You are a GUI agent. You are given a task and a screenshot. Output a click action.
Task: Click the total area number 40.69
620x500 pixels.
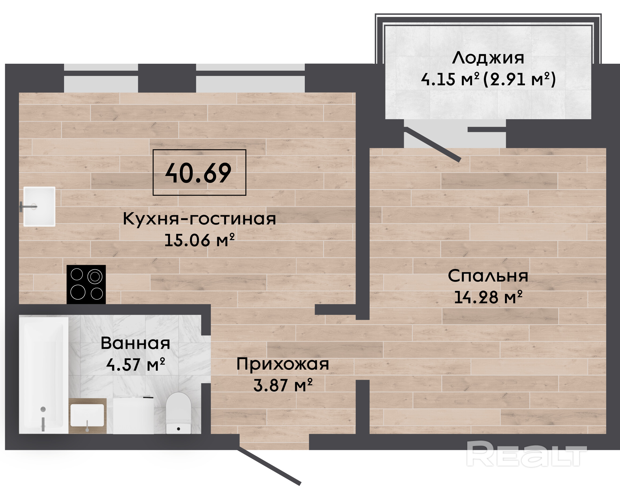[x=198, y=173]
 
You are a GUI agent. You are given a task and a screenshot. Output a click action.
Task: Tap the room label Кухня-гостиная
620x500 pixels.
[x=199, y=219]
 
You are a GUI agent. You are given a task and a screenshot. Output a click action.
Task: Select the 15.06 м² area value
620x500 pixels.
[x=199, y=240]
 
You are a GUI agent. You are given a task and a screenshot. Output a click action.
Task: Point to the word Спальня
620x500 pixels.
[x=488, y=276]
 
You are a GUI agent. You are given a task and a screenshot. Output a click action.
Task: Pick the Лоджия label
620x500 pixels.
[x=488, y=58]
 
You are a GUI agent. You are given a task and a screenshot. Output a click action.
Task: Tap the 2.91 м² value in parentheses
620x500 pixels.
[x=519, y=79]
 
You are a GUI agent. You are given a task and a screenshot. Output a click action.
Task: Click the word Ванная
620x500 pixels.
[x=135, y=343]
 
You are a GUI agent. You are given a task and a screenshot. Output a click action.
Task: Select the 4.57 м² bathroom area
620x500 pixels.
[x=136, y=364]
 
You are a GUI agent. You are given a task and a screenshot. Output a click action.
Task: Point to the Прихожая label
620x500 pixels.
[x=283, y=364]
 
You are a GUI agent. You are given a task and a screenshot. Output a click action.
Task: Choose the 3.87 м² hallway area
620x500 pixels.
[x=283, y=385]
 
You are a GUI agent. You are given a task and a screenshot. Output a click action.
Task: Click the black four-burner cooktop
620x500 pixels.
[x=86, y=284]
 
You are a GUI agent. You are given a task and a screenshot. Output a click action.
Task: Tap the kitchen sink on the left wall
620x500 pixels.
[x=39, y=206]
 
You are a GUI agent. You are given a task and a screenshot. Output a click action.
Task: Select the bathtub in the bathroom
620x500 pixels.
[x=44, y=375]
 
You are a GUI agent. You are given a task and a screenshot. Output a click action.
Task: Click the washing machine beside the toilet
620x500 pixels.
[x=133, y=415]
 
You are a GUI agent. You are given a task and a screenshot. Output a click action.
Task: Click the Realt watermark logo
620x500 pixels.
[x=527, y=454]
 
